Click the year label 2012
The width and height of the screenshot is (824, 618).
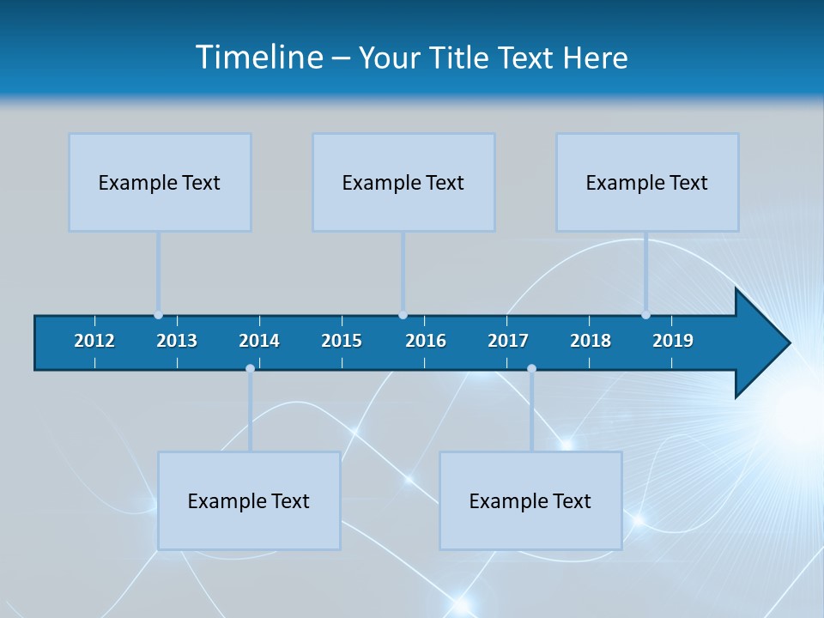click(94, 341)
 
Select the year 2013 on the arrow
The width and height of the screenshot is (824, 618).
click(177, 341)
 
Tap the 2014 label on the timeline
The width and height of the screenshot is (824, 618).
click(259, 341)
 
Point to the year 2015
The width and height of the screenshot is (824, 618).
click(342, 341)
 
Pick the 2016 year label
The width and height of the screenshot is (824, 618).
click(426, 341)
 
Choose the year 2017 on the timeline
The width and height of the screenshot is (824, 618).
click(508, 341)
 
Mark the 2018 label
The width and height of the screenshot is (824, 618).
click(591, 341)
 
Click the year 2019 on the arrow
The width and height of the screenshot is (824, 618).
click(673, 341)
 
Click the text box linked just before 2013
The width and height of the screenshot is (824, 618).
click(160, 182)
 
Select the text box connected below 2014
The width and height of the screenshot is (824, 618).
click(249, 500)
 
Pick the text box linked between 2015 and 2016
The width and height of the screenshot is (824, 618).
click(403, 182)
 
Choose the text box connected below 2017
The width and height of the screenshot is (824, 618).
click(530, 500)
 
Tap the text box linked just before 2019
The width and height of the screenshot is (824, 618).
click(647, 182)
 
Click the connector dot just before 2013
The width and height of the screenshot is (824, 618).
click(158, 315)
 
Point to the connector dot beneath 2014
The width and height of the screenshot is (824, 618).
click(250, 369)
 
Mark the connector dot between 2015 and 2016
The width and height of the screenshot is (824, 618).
click(403, 315)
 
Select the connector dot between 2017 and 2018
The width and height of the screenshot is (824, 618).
click(531, 369)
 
